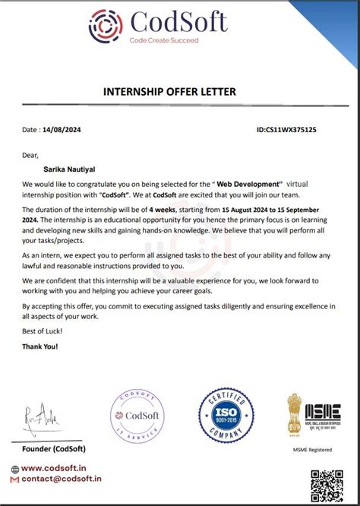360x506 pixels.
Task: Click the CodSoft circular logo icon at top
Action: (x=106, y=26)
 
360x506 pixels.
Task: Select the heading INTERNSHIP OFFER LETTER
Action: (x=169, y=92)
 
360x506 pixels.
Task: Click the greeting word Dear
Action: (x=30, y=156)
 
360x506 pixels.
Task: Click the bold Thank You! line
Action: (x=40, y=346)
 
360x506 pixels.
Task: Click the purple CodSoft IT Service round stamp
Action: (x=137, y=418)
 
